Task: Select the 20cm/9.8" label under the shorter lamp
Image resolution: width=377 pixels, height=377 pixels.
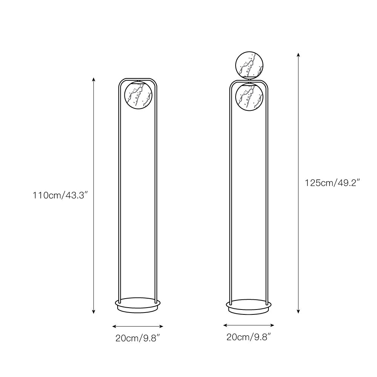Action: coord(138,338)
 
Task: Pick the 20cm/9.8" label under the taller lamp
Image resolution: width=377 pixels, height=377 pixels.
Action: coord(249,337)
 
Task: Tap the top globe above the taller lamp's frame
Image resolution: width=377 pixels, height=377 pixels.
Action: coord(249,66)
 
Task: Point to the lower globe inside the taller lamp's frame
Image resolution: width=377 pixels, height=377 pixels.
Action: coord(249,97)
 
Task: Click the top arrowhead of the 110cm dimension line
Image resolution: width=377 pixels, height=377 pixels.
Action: coord(93,79)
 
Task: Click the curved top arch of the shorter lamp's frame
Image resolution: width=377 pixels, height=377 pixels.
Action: coord(138,79)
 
